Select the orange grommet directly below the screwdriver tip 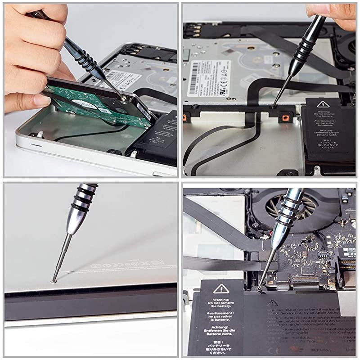click(284, 118)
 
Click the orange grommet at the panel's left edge click(185, 118)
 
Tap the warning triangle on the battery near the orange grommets click(327, 104)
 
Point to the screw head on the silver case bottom click(54, 281)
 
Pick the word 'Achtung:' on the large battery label click(221, 330)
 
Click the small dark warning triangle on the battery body click(273, 303)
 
